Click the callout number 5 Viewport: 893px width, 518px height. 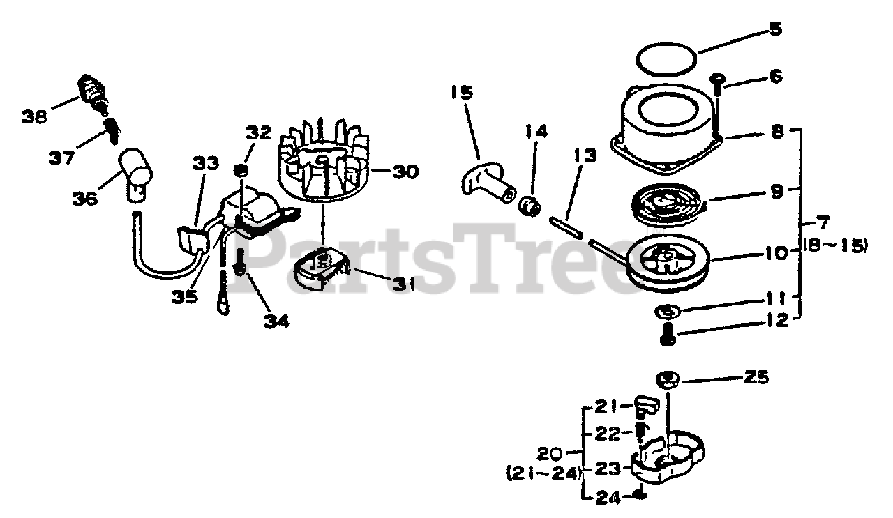(776, 31)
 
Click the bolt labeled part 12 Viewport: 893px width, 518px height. (666, 334)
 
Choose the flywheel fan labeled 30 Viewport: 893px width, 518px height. (322, 168)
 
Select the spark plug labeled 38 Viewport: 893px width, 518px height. (94, 91)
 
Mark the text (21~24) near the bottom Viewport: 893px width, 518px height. (543, 474)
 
